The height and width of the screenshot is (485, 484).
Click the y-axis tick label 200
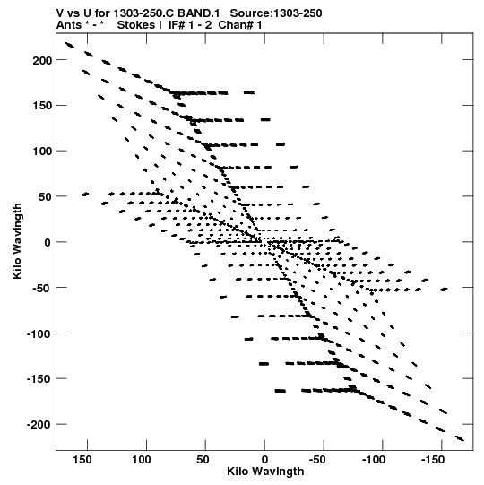(x=42, y=61)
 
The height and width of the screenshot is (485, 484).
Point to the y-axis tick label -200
(x=39, y=425)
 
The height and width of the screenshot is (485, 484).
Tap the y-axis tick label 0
(x=48, y=243)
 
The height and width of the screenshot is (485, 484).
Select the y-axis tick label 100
(x=42, y=152)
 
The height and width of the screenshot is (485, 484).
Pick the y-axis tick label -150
(x=39, y=379)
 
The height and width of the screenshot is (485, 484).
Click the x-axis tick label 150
(x=82, y=460)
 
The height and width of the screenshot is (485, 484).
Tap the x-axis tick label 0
(x=264, y=460)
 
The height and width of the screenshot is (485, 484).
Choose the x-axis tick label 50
(x=203, y=460)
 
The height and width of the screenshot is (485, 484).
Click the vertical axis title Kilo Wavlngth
(x=17, y=241)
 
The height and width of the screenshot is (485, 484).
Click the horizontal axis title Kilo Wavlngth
(x=265, y=472)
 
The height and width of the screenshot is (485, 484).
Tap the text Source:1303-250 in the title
(x=276, y=13)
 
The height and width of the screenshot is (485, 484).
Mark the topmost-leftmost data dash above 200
(x=70, y=46)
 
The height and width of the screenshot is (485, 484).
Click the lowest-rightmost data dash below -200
(x=460, y=438)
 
